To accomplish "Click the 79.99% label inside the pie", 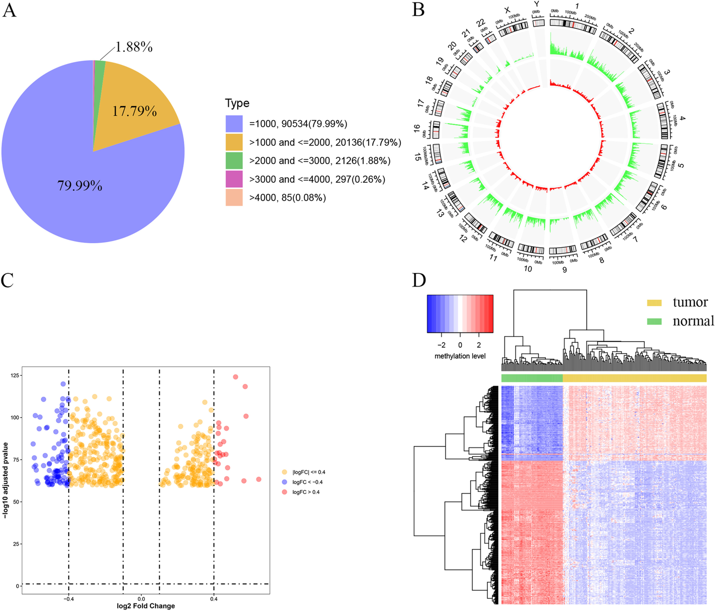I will click(x=80, y=186).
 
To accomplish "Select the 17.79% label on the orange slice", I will click(x=134, y=111).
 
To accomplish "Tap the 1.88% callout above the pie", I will click(x=134, y=47).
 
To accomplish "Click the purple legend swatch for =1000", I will click(x=234, y=124).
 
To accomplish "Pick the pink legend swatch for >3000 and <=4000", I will click(x=234, y=179).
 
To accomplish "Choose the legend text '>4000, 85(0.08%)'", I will click(x=287, y=198).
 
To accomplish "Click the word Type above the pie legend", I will click(x=237, y=103).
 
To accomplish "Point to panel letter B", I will click(x=418, y=9).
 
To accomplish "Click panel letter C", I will click(x=8, y=280).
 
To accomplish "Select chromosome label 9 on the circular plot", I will click(x=565, y=270).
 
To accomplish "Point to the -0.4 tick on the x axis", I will click(x=68, y=599).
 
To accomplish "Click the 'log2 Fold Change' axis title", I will click(x=146, y=606).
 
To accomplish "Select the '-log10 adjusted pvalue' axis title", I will click(x=6, y=480).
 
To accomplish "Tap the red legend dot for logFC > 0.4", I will click(x=285, y=492).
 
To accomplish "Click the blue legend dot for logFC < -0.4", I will click(x=285, y=482).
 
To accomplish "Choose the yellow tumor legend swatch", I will click(x=654, y=303).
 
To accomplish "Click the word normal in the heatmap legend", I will click(x=693, y=321).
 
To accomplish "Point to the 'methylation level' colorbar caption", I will click(x=460, y=356).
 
